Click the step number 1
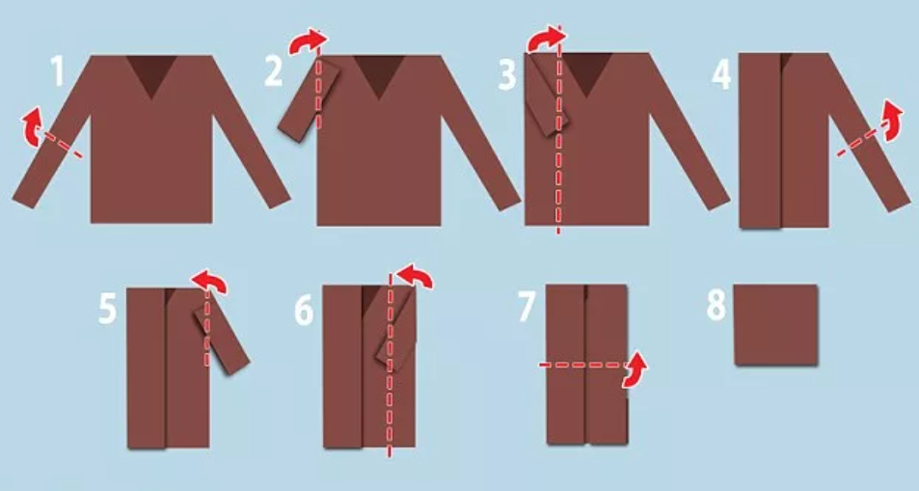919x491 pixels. point(58,72)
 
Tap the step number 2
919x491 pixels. point(274,72)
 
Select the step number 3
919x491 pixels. point(507,74)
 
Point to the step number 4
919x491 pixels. point(722,74)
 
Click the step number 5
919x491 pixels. point(107,309)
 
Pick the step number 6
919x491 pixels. point(304,310)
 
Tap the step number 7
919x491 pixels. point(527,307)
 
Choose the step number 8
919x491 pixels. point(716,305)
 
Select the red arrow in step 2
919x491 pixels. point(306,41)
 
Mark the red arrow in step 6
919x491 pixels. point(416,275)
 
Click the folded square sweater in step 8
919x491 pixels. point(776,325)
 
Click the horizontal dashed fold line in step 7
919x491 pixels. point(582,365)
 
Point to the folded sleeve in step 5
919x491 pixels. point(222,339)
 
